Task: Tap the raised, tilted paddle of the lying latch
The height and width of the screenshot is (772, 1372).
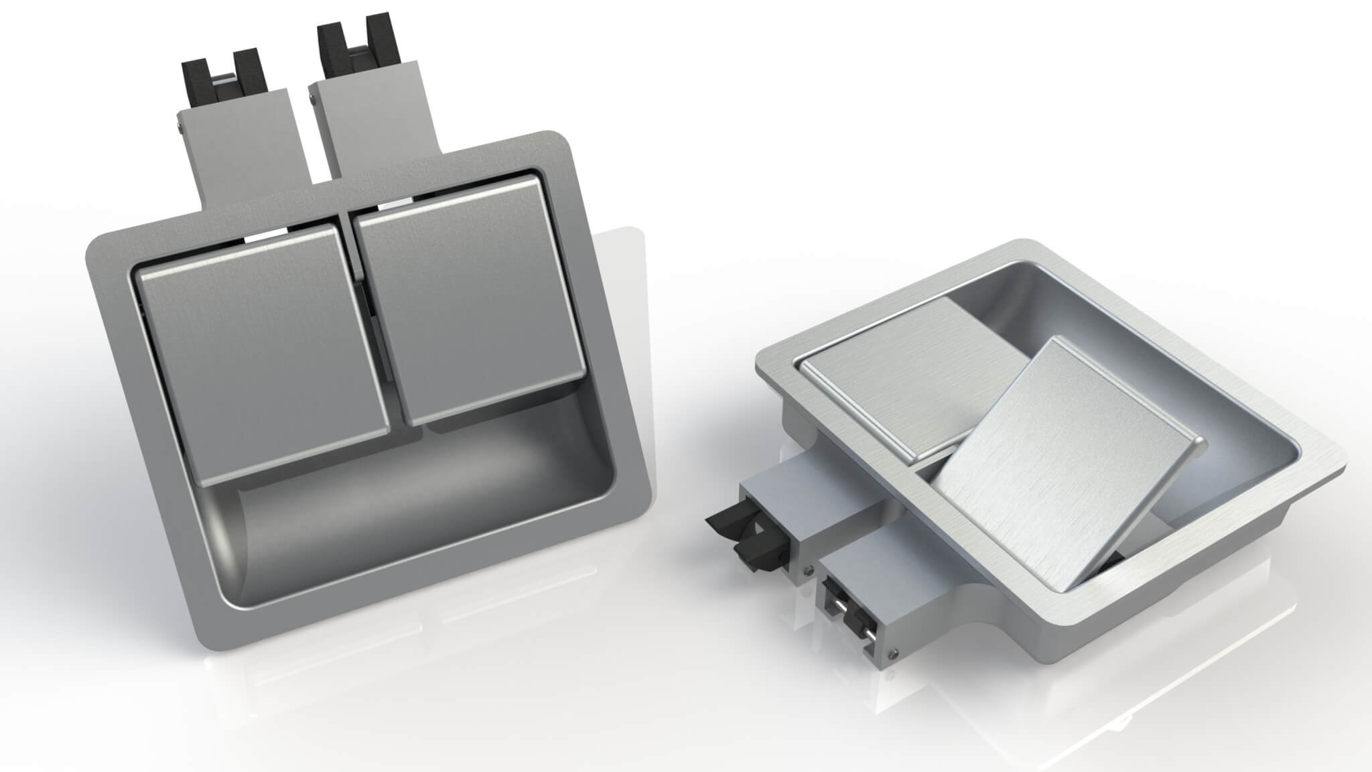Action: point(1065,469)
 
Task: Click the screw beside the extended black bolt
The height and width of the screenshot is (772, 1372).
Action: point(809,570)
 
